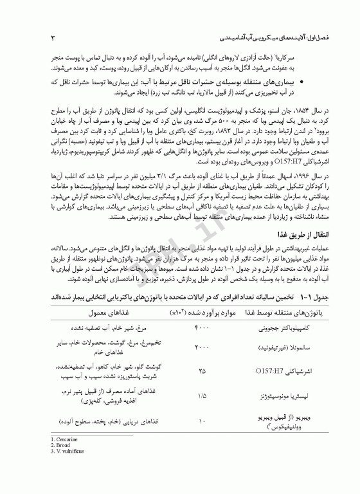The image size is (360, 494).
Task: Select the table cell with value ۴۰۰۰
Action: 202,327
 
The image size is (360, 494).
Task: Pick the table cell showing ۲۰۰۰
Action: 202,347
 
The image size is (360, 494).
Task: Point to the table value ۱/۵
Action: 202,396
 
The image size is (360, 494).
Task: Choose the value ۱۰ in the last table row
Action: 202,422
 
